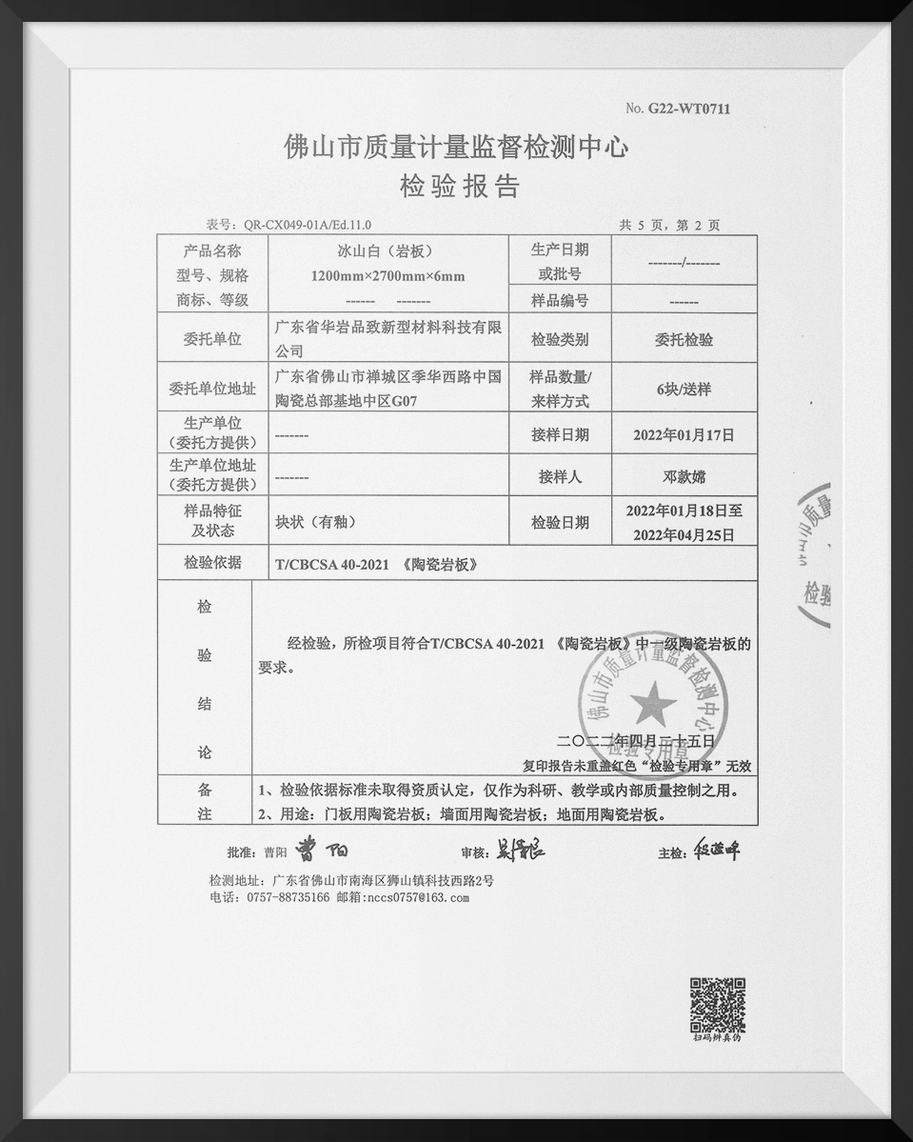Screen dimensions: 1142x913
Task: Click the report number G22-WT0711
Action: coord(689,110)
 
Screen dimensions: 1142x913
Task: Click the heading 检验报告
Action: coord(459,186)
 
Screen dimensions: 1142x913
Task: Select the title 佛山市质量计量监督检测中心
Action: coord(457,148)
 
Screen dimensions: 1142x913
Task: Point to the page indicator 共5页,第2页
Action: coord(669,226)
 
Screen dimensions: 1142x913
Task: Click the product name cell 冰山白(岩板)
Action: coord(387,251)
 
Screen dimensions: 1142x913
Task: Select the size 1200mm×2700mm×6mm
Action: coord(387,276)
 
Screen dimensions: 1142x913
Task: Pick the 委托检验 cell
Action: coord(684,339)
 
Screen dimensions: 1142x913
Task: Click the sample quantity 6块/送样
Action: coord(684,390)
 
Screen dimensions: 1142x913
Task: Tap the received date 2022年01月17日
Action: coord(684,435)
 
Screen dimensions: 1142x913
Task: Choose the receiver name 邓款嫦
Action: coord(684,476)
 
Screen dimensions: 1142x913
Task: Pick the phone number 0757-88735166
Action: coord(288,897)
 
